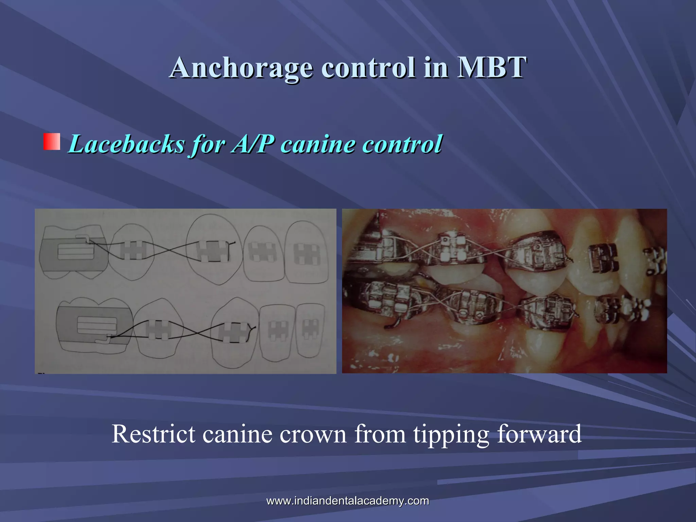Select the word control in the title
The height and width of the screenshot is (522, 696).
pos(368,67)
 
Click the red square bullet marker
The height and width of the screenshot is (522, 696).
pos(52,142)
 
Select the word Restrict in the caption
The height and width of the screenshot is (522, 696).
pos(153,434)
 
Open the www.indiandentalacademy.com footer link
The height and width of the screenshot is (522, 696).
pos(348,501)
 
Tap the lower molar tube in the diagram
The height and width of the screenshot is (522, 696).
pos(97,326)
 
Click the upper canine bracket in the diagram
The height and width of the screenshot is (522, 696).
pos(212,252)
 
